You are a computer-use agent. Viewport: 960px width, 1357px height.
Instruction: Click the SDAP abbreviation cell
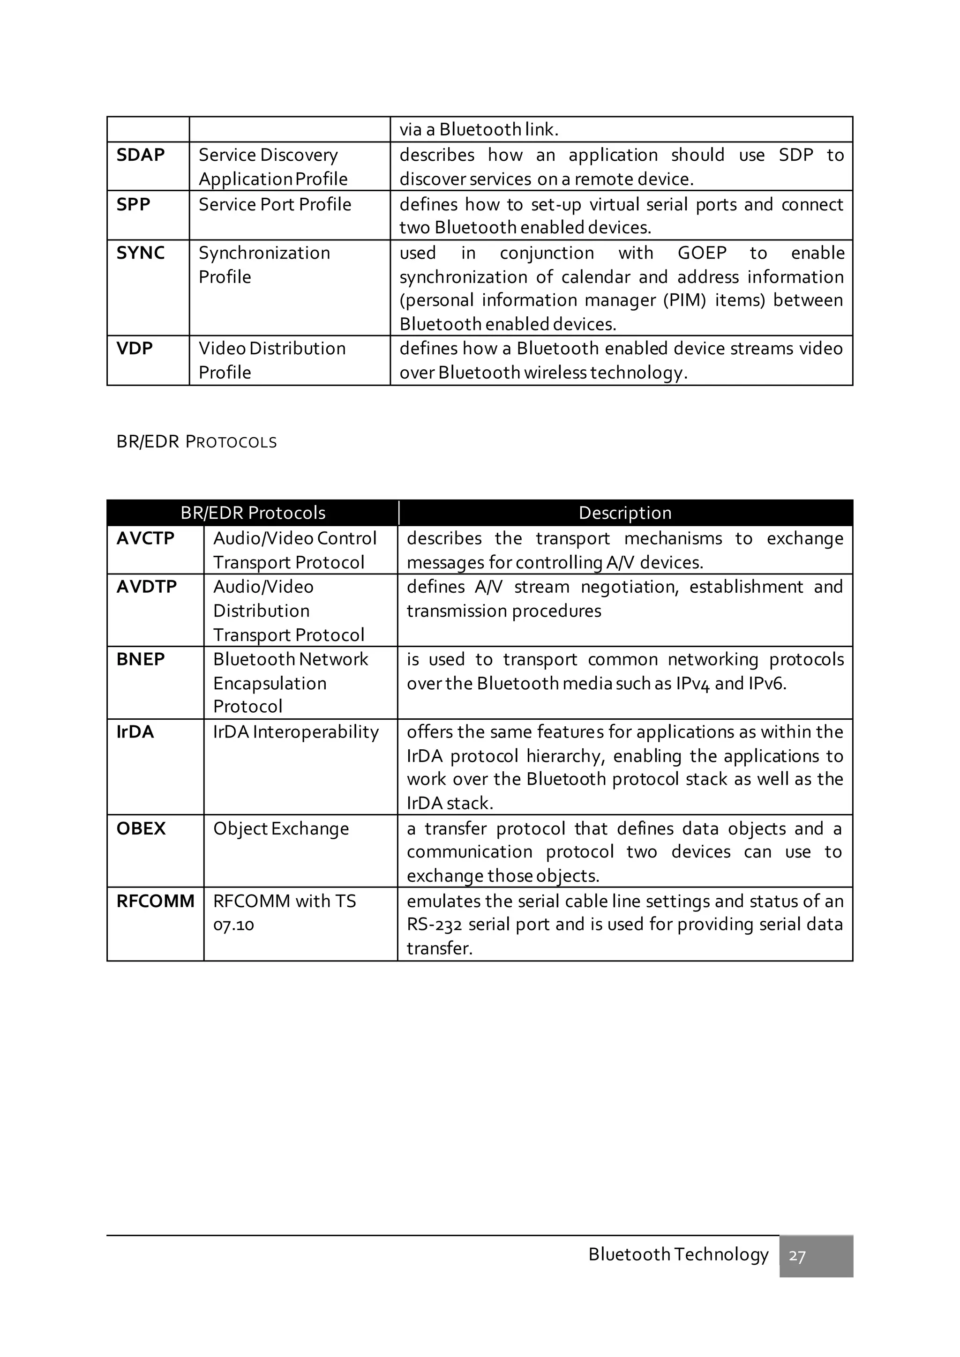[x=140, y=155]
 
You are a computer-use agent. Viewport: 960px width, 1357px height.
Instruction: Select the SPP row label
[x=133, y=204]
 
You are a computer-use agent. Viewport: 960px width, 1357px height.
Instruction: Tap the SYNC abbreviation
[x=140, y=253]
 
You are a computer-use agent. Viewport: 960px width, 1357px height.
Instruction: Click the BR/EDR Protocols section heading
[x=196, y=441]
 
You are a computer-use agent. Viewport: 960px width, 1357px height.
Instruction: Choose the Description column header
[x=625, y=513]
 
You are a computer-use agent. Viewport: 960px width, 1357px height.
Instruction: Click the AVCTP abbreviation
[x=145, y=538]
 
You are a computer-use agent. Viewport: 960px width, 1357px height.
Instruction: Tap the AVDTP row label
[x=147, y=587]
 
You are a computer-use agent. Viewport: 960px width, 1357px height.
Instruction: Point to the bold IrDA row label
[x=135, y=732]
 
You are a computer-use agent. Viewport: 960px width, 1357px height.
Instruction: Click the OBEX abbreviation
[x=141, y=828]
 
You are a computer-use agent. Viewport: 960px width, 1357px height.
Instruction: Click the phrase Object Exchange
[x=281, y=828]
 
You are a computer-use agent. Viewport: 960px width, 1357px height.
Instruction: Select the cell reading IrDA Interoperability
[x=296, y=732]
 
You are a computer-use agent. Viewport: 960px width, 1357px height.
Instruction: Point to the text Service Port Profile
[x=275, y=204]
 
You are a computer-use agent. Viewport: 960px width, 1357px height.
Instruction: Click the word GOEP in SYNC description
[x=702, y=253]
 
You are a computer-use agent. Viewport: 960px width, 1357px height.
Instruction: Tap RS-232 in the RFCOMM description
[x=434, y=925]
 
